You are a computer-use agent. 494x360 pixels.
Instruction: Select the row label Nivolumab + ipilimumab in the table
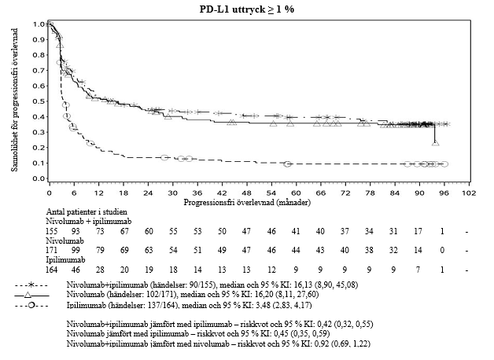pos(87,223)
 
